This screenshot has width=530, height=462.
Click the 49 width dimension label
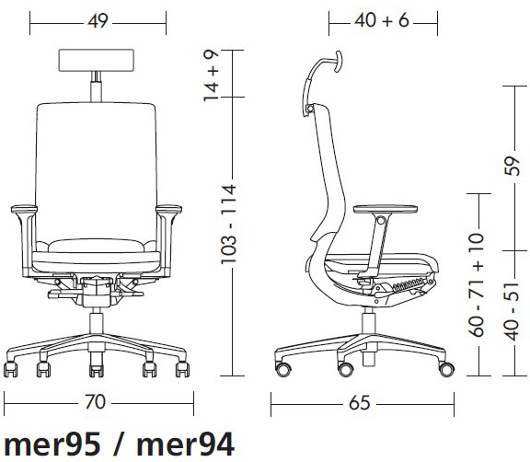(x=98, y=21)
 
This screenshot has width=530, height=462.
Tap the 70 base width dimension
(x=95, y=402)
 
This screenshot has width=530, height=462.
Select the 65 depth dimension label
(x=360, y=403)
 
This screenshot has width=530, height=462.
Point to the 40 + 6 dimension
(x=382, y=20)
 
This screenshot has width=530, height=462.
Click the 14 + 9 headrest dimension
(x=212, y=75)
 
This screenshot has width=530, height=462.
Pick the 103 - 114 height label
(x=228, y=224)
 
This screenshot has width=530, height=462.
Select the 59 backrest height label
(x=512, y=166)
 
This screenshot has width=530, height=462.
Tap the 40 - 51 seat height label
(x=512, y=311)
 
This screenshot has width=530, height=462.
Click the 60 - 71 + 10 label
(x=477, y=284)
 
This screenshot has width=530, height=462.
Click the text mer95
(x=52, y=445)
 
